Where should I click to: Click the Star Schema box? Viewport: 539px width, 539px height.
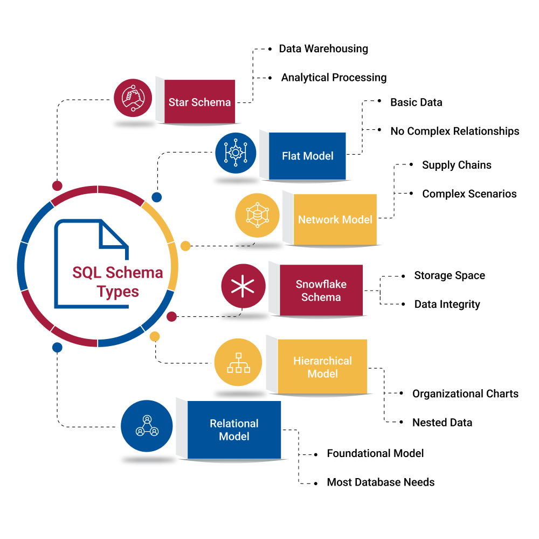coord(199,102)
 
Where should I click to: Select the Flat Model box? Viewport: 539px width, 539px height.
coord(307,156)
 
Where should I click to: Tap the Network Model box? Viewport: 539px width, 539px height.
coord(335,220)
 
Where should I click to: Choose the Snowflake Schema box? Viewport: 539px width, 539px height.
coord(321,291)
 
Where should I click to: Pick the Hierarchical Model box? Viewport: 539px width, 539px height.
coord(322,367)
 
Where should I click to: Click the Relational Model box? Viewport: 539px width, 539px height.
coord(234,430)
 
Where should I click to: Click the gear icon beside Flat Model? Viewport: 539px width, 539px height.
coord(236,153)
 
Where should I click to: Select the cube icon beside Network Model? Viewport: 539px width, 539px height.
coord(257,215)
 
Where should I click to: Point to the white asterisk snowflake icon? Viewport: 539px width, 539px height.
coord(243,285)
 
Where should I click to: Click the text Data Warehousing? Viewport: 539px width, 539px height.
coord(323,49)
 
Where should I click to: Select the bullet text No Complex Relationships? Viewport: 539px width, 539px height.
coord(455,131)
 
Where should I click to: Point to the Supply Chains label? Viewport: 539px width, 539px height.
coord(457,165)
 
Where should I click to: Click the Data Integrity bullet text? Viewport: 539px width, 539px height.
coord(447,304)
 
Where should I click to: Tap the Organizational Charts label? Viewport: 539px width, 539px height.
coord(465,393)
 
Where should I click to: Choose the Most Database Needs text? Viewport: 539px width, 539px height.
coord(381,482)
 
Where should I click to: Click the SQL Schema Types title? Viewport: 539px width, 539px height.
coord(118,282)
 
